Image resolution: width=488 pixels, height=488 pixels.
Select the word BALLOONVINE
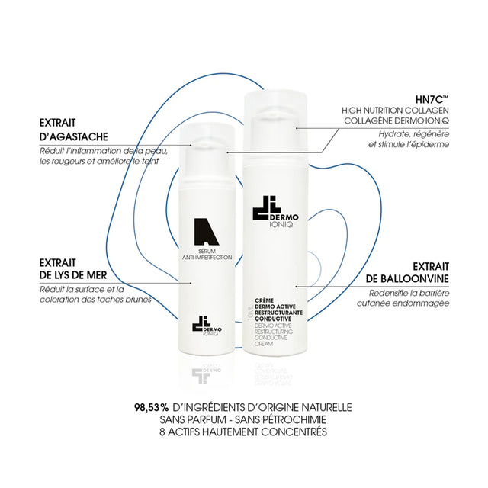pos(407,278)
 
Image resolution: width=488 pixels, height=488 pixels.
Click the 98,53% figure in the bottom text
pos(152,407)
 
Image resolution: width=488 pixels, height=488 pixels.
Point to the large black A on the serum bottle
pos(206,232)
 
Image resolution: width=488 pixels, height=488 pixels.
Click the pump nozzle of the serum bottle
pos(204,146)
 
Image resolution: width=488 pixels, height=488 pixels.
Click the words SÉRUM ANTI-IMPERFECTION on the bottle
pos(207,254)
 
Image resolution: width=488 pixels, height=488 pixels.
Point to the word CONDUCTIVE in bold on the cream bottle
pos(273,319)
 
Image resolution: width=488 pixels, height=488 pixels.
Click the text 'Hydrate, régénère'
pos(413,134)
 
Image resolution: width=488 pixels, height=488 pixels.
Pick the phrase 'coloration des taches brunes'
pos(95,300)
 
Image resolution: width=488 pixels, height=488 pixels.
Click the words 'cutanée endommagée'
pos(403,303)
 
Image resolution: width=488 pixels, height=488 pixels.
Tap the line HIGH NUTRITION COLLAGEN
pos(395,110)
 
